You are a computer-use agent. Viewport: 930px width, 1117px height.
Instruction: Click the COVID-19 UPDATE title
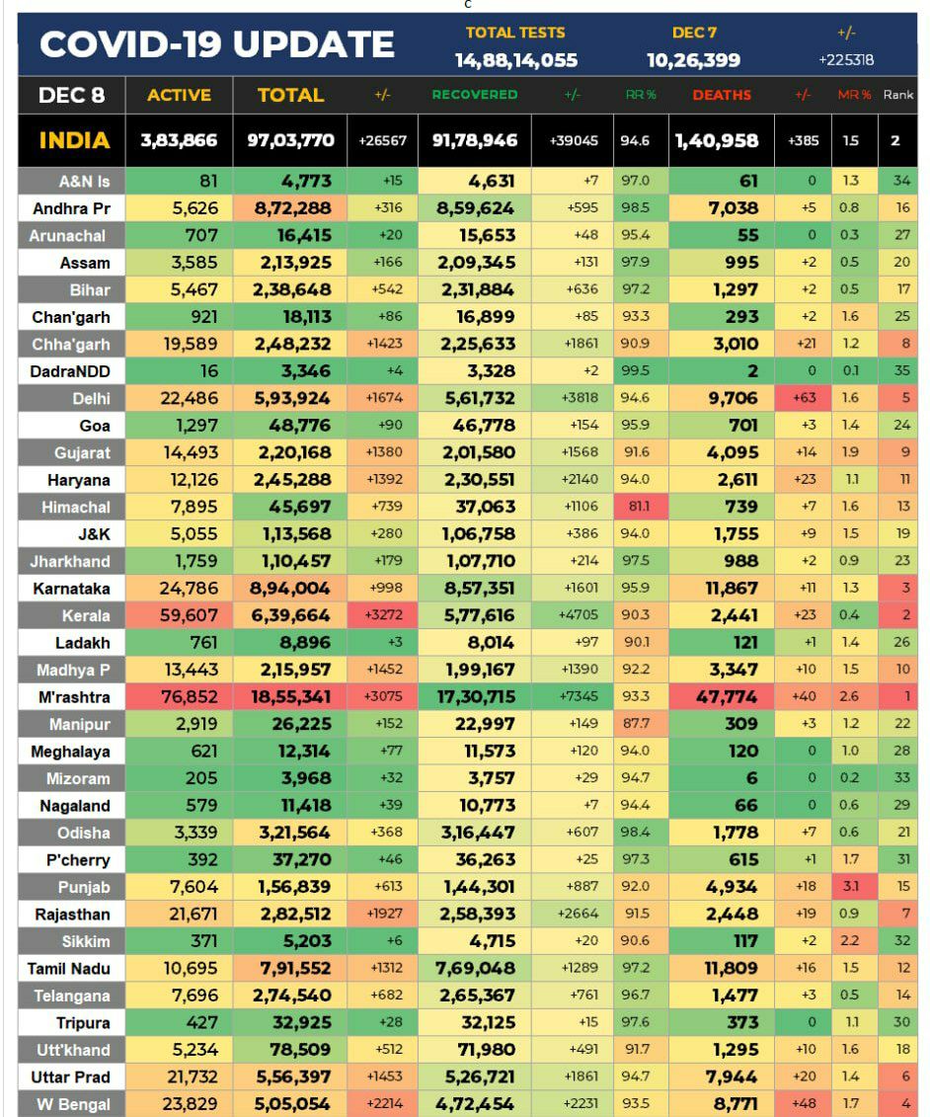(217, 44)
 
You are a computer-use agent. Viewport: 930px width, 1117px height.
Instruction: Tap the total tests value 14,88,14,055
(516, 60)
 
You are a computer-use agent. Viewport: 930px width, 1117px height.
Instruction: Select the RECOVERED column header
(475, 95)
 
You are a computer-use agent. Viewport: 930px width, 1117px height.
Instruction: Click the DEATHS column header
(722, 95)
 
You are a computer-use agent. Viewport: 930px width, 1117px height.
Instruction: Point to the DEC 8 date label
(71, 95)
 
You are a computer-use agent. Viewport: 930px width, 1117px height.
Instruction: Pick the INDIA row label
(74, 140)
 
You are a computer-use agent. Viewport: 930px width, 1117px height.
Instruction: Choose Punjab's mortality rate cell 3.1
(851, 887)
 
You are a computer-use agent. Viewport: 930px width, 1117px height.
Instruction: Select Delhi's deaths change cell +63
(804, 399)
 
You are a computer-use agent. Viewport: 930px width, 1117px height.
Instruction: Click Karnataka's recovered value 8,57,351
(475, 589)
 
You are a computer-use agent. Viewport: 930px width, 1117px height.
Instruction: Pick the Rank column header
(898, 95)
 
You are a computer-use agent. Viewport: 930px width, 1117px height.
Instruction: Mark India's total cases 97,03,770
(290, 140)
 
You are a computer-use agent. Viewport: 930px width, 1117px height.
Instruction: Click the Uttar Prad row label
(71, 1077)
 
